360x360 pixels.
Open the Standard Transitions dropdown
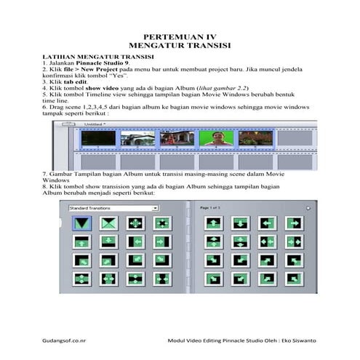pyautogui.click(x=113, y=207)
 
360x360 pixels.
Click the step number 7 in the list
pyautogui.click(x=45, y=175)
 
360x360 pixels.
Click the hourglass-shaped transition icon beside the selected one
pyautogui.click(x=108, y=223)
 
